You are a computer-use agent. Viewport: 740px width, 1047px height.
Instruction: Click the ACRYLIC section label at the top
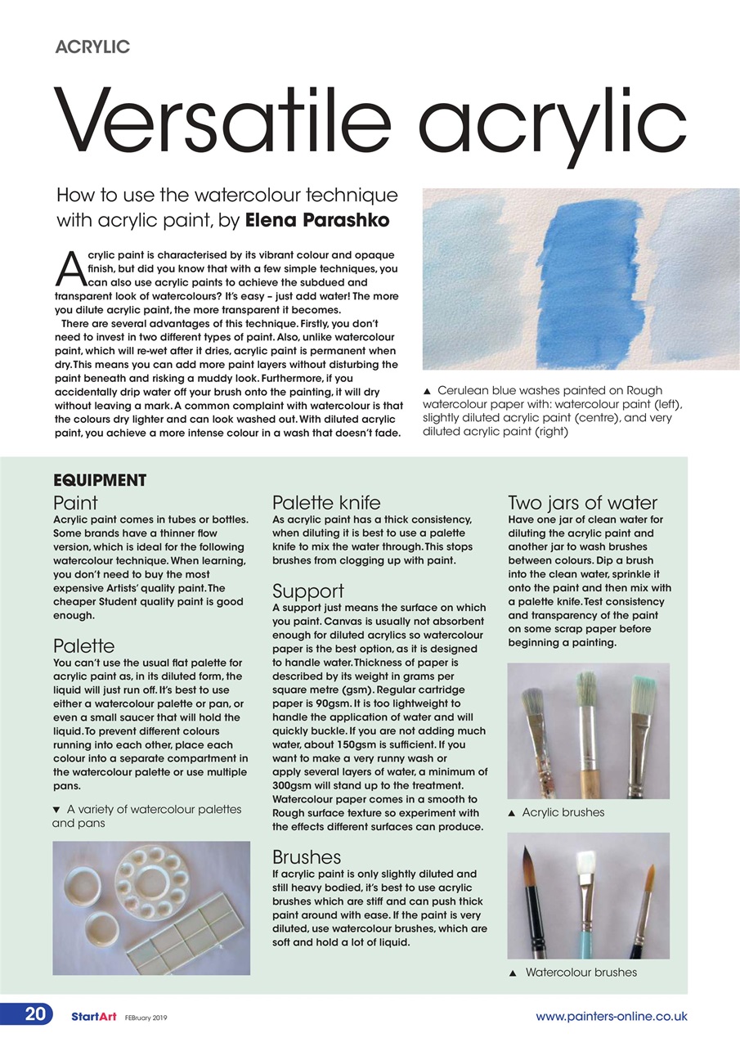pyautogui.click(x=92, y=47)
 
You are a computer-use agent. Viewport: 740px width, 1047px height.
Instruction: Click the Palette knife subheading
pyautogui.click(x=325, y=502)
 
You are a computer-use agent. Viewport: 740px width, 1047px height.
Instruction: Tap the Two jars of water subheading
pyautogui.click(x=582, y=502)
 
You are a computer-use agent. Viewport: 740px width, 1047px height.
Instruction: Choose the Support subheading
pyautogui.click(x=307, y=591)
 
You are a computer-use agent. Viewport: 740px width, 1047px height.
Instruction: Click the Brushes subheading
pyautogui.click(x=306, y=856)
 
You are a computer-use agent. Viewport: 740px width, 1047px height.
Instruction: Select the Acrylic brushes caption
pyautogui.click(x=563, y=812)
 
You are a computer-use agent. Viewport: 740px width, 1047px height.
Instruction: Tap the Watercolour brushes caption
pyautogui.click(x=580, y=973)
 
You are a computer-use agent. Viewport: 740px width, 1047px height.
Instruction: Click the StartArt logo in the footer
pyautogui.click(x=93, y=1017)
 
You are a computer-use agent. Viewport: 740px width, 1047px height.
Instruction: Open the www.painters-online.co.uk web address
pyautogui.click(x=611, y=1017)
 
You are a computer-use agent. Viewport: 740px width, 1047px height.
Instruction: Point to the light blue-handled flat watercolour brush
pyautogui.click(x=585, y=900)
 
